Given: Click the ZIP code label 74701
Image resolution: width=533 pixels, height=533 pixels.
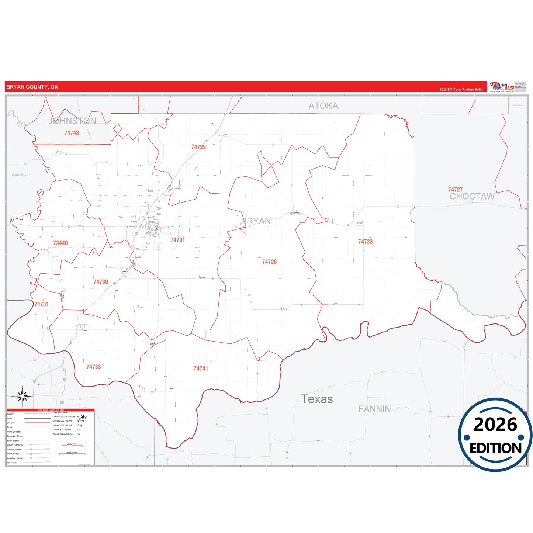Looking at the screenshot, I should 177,240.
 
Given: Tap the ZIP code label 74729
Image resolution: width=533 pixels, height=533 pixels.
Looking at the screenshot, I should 198,147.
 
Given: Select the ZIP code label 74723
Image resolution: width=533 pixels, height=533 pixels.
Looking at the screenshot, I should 365,242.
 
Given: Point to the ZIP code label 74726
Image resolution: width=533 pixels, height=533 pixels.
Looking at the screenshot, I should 269,262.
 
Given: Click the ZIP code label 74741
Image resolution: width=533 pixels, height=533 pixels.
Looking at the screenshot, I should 201,368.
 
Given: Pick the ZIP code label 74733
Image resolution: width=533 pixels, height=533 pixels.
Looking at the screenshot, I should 93,367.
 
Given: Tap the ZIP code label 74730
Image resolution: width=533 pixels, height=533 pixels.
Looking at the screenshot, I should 101,282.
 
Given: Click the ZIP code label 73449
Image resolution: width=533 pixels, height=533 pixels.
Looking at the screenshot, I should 60,243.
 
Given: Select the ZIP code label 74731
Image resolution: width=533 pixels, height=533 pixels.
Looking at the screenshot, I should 41,304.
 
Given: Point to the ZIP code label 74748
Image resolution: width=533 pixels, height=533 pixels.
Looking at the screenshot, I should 72,133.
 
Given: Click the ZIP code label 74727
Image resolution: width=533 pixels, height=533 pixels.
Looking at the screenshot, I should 455,190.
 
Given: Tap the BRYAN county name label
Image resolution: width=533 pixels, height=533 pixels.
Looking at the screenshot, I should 256,221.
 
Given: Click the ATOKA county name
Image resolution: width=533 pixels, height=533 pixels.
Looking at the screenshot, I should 323,106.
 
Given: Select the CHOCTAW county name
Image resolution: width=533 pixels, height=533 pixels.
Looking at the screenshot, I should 472,197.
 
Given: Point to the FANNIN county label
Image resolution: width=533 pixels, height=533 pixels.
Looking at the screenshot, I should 374,409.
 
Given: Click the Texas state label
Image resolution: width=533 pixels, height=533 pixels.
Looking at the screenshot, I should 316,399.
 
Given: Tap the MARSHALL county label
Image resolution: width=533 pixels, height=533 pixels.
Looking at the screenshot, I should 21,175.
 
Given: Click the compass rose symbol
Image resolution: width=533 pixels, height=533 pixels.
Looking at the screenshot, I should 23,397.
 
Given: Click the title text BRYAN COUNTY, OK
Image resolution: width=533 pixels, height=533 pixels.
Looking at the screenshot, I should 32,87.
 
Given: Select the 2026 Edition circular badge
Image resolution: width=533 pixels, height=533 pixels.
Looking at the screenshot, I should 495,435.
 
